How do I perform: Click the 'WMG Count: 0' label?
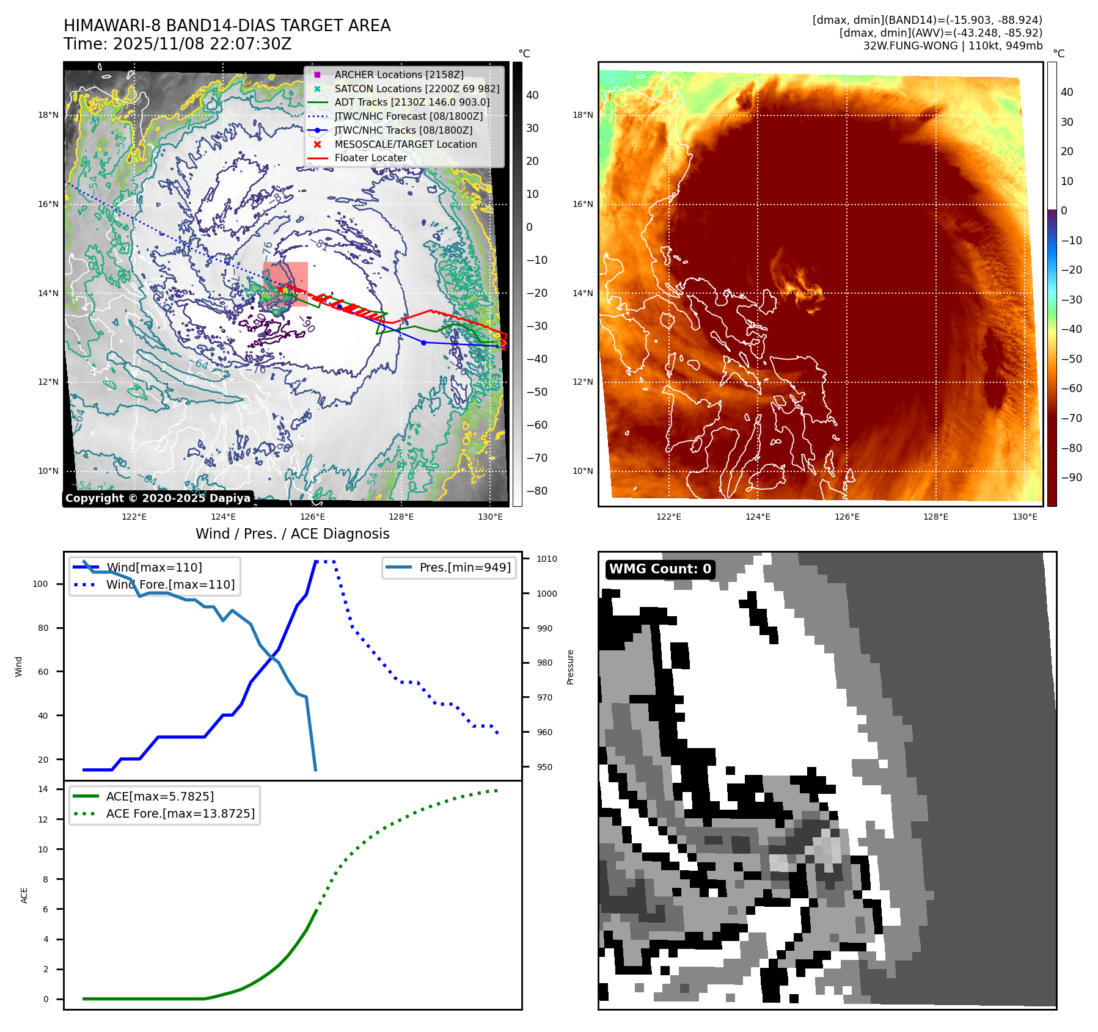[660, 569]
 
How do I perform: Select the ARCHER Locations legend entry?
[398, 74]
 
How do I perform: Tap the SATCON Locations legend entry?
[417, 89]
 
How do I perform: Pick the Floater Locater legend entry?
[370, 158]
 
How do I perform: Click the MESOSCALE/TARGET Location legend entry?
[405, 144]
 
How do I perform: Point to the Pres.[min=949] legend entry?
[464, 567]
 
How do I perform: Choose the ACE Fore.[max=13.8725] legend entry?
[180, 813]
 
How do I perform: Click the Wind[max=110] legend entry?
[154, 567]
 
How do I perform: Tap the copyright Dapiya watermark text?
[158, 498]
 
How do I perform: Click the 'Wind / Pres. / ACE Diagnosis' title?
[292, 534]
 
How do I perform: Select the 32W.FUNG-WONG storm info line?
[953, 46]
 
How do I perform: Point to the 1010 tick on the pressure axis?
[546, 559]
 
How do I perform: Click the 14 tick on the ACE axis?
[43, 789]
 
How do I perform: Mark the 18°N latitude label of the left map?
[48, 115]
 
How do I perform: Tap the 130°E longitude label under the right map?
[1025, 517]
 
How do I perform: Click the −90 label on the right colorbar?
[1071, 478]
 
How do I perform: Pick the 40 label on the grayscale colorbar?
[532, 95]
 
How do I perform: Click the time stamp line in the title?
[177, 44]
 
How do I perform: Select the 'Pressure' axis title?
[570, 667]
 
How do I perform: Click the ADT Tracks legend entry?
[412, 103]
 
